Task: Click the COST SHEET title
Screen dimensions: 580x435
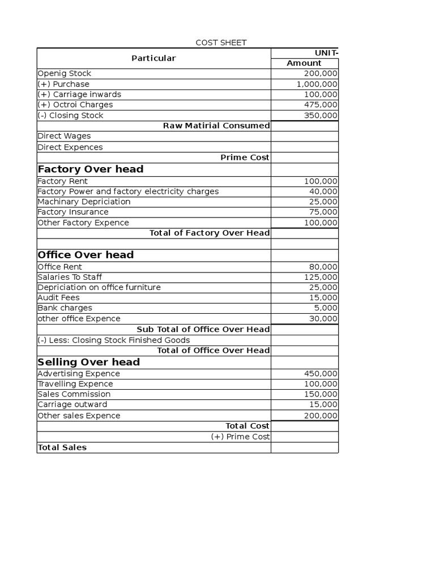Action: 221,42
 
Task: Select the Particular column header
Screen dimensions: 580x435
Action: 153,58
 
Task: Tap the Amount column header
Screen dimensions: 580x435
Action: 304,63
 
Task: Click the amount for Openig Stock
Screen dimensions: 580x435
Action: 321,74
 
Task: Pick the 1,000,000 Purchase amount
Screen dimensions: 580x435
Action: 317,84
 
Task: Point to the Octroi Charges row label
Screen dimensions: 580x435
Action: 75,105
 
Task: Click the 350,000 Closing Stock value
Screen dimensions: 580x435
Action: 321,116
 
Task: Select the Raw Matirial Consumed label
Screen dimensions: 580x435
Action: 216,126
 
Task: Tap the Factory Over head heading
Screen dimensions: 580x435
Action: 91,169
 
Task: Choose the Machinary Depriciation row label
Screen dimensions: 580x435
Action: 84,202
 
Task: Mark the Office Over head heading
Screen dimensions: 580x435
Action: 86,255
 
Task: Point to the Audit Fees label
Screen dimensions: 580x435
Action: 58,298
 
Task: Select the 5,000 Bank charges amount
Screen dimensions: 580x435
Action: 327,308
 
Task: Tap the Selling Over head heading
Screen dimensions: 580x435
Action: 88,362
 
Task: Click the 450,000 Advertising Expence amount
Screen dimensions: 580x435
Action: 321,374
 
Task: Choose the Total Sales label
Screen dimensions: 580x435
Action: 62,447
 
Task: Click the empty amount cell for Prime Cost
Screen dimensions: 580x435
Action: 305,157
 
